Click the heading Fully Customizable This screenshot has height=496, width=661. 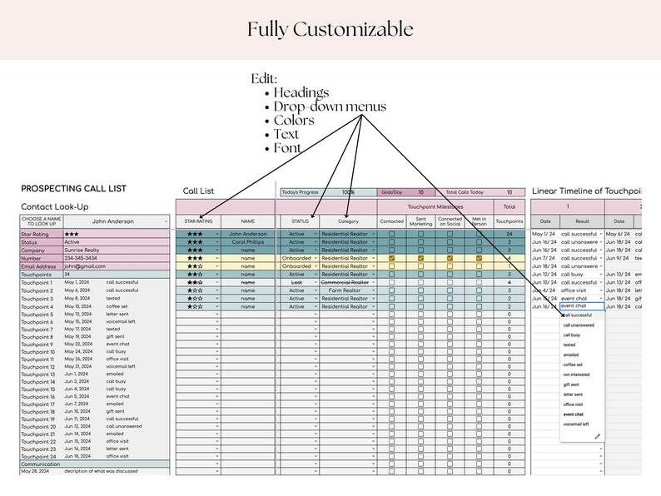[x=330, y=30]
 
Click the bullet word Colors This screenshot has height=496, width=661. [x=294, y=121]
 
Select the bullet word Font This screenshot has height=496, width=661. [x=287, y=149]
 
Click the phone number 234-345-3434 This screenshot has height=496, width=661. [x=83, y=258]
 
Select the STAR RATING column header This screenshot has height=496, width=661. [x=198, y=222]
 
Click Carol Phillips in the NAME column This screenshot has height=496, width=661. [x=247, y=242]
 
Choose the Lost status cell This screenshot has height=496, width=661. [x=297, y=283]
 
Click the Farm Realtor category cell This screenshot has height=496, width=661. [x=345, y=290]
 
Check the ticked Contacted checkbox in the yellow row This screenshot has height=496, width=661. [x=391, y=259]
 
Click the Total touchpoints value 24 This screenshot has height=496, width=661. [x=508, y=235]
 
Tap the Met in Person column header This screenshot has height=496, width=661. [x=479, y=221]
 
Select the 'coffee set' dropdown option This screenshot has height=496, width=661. [x=574, y=365]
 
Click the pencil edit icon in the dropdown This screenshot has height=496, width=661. [x=597, y=437]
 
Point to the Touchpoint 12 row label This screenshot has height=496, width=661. [x=37, y=367]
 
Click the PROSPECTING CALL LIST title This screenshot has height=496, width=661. [x=73, y=189]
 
